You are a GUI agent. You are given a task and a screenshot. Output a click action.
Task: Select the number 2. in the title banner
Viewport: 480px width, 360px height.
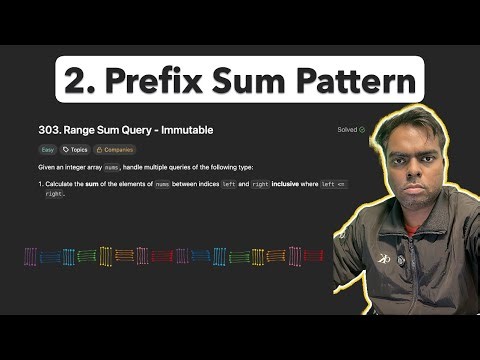[x=78, y=79]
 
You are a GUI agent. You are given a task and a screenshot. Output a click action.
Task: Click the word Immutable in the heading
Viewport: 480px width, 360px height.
[x=184, y=130]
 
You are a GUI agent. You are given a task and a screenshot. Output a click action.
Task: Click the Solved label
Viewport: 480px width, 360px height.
[x=346, y=130]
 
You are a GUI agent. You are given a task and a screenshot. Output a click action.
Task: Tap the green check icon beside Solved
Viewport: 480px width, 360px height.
[x=362, y=130]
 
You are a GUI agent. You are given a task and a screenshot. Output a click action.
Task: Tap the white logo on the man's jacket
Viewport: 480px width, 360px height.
[x=384, y=258]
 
